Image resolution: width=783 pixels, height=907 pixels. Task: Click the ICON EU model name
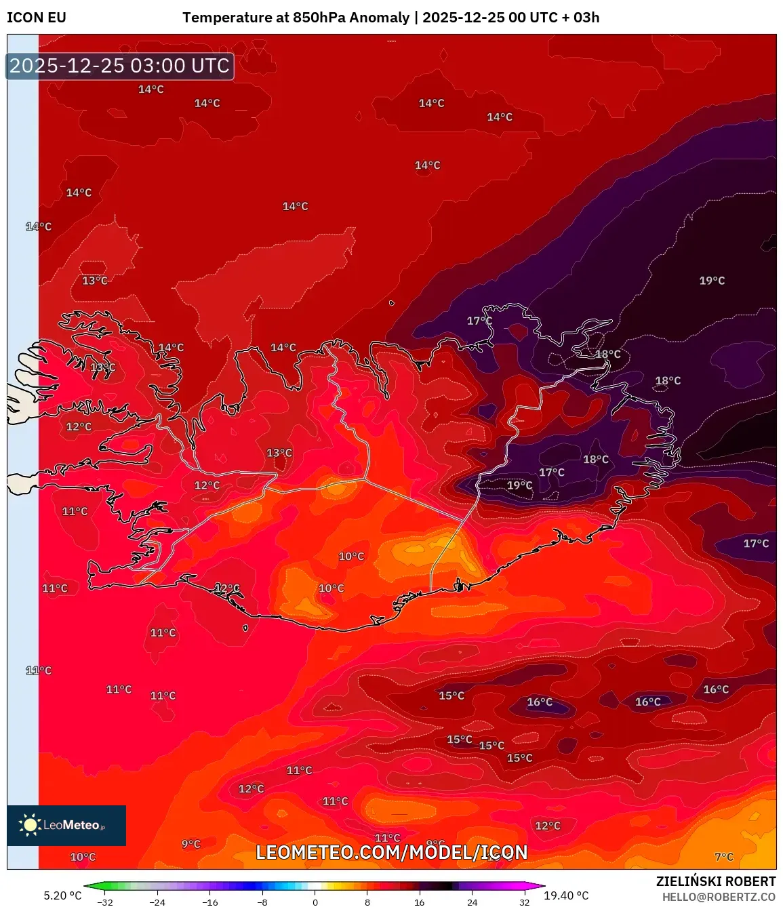[37, 18]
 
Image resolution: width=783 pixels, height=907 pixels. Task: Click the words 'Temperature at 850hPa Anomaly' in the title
[296, 18]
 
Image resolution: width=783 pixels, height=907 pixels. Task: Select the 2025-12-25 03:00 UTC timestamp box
[120, 66]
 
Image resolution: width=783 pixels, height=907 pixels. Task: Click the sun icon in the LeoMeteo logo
[31, 824]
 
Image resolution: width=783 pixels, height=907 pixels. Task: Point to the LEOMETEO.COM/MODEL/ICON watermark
[391, 852]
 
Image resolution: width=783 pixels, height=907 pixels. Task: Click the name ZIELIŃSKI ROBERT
[715, 881]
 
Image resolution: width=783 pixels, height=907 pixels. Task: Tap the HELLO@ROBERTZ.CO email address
[719, 897]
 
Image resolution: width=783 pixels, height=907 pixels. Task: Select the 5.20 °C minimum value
[62, 895]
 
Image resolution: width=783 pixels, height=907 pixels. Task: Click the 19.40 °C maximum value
[566, 895]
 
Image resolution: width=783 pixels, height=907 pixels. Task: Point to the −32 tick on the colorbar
[104, 902]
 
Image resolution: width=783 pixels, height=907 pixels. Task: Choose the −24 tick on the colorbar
[157, 902]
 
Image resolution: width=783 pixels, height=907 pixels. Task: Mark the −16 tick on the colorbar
[210, 902]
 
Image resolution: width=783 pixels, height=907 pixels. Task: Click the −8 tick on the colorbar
[262, 902]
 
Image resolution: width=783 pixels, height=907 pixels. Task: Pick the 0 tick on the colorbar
[315, 902]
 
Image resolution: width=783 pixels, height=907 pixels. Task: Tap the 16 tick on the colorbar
[420, 902]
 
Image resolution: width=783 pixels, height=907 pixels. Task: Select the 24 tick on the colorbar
[472, 902]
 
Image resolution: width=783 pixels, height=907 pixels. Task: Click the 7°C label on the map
[724, 857]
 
